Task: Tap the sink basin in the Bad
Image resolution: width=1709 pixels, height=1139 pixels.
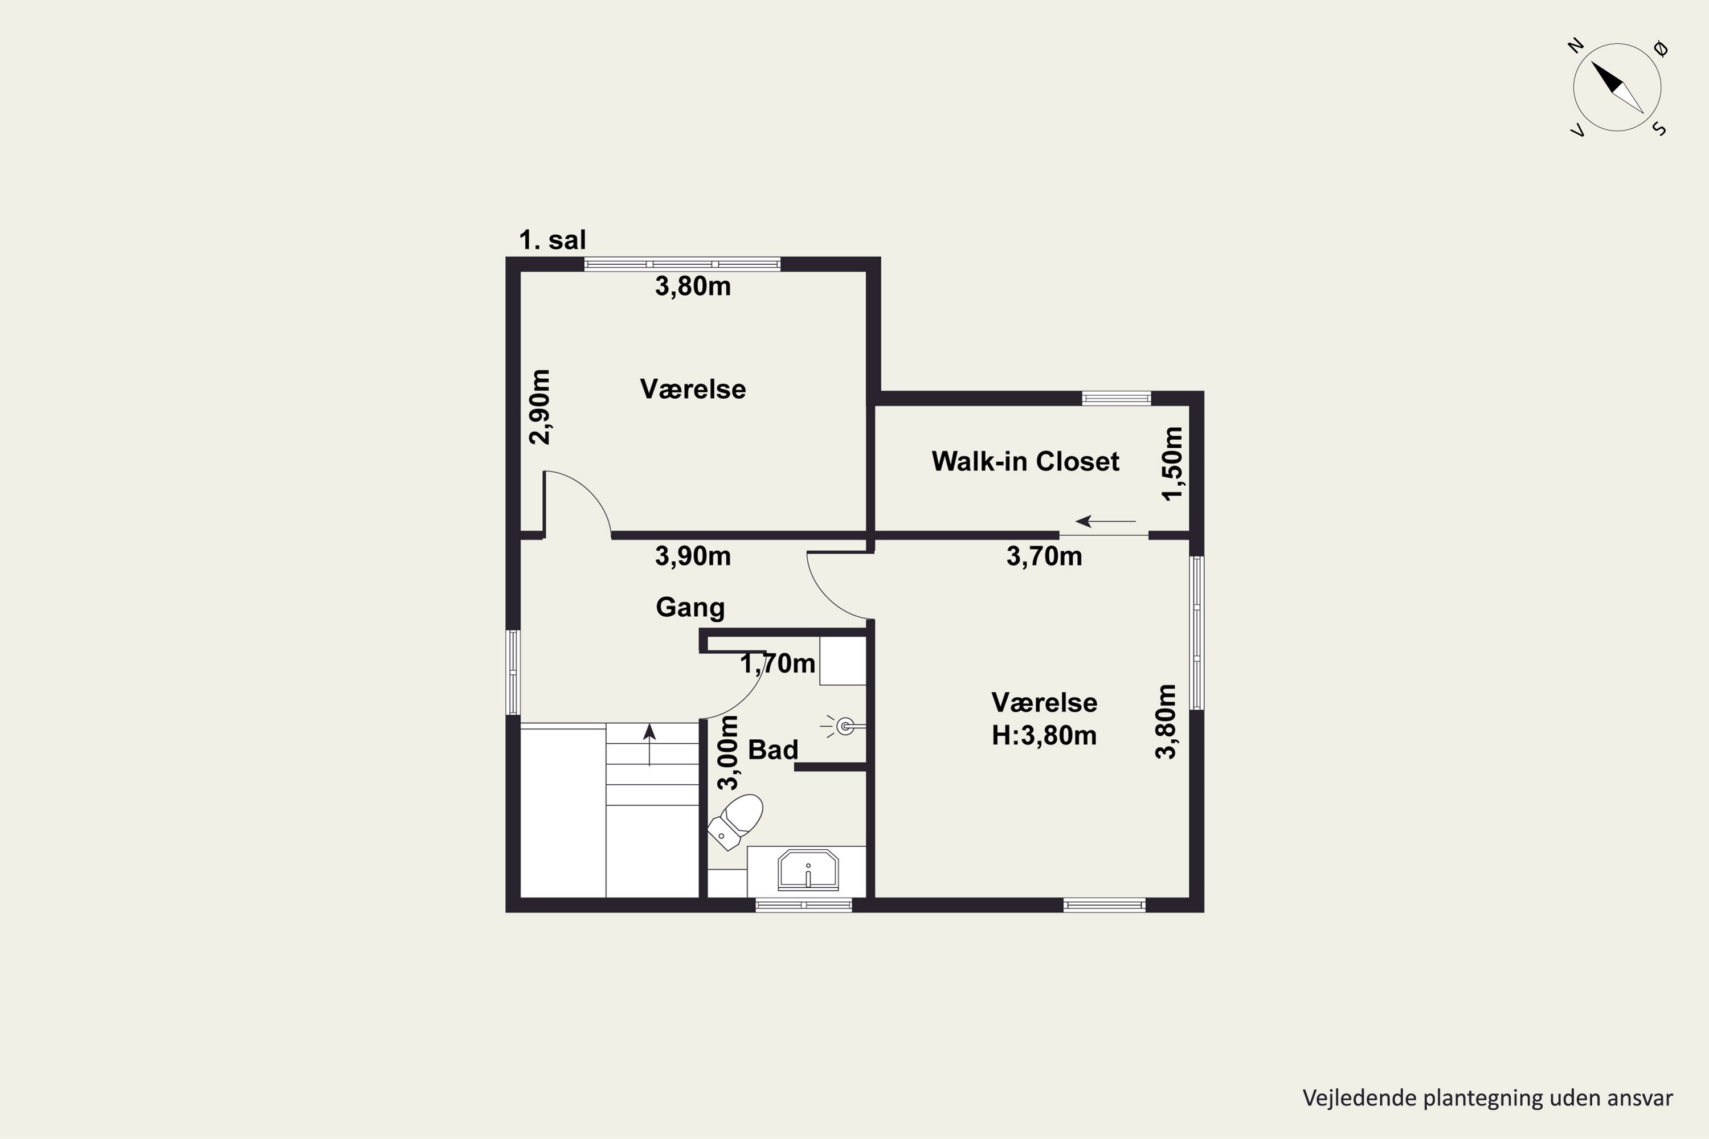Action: (x=808, y=870)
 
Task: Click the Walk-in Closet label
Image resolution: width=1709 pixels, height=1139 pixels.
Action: (x=1025, y=461)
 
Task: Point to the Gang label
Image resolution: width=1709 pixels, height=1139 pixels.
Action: (x=690, y=607)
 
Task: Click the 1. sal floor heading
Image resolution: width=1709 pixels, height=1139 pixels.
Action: (x=552, y=240)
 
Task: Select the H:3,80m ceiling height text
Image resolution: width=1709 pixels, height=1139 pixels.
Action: (x=1044, y=735)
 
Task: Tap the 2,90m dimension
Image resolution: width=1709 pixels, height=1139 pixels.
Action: (x=540, y=407)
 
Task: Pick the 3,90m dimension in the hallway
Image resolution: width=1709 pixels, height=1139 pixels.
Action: (x=693, y=556)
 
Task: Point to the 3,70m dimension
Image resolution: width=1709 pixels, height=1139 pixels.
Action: (x=1044, y=556)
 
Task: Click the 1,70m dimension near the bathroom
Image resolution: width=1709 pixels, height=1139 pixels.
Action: (x=778, y=663)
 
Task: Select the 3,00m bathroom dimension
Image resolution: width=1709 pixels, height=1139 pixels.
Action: (x=727, y=752)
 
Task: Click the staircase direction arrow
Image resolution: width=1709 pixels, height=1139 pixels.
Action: (x=649, y=744)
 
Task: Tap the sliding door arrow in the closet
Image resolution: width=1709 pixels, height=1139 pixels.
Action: (x=1105, y=521)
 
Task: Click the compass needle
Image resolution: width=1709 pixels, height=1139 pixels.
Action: (x=1617, y=87)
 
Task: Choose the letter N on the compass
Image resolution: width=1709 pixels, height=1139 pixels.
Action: (x=1575, y=46)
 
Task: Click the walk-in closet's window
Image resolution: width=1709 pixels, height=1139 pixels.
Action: (x=1116, y=398)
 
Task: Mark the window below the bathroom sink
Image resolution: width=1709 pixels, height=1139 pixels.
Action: (x=804, y=905)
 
